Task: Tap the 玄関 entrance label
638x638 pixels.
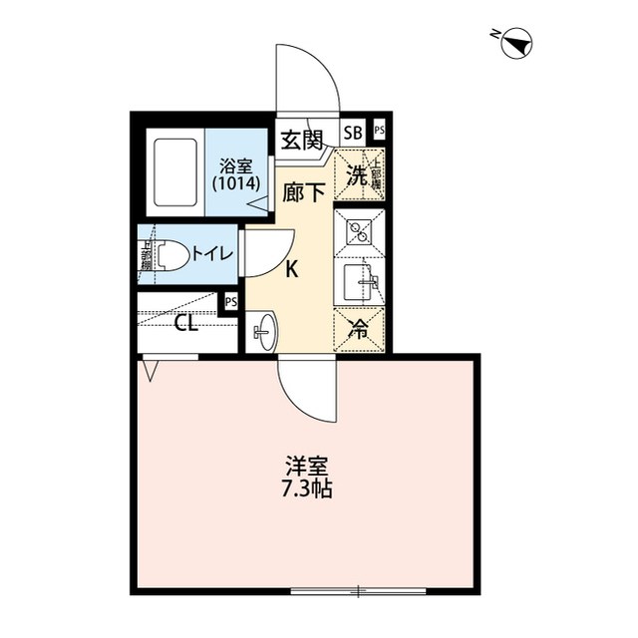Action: coord(301,141)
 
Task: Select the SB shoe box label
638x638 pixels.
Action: coord(353,132)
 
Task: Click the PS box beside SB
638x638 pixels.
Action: coord(380,132)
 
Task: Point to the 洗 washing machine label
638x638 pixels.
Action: coord(356,172)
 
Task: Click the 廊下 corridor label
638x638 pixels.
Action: coord(304,191)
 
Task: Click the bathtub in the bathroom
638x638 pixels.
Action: coord(175,172)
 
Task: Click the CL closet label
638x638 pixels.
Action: coord(185,323)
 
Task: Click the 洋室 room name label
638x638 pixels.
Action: coord(306,467)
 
